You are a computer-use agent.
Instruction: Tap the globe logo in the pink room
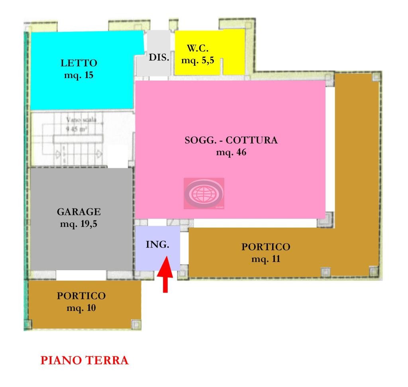(x=204, y=193)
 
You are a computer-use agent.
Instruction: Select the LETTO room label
(x=79, y=63)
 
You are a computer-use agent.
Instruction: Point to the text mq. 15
(x=79, y=75)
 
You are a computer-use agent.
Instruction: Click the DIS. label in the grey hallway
(x=159, y=57)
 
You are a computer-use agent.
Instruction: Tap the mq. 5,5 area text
(x=198, y=61)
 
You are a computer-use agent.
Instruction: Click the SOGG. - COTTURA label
(x=231, y=140)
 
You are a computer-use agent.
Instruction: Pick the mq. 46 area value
(x=231, y=152)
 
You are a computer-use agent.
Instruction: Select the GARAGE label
(x=79, y=212)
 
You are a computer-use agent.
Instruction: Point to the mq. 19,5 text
(x=79, y=224)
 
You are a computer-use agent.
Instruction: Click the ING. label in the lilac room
(x=157, y=245)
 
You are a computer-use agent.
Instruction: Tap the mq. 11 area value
(x=266, y=259)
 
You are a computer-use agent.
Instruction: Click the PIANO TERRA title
(x=84, y=361)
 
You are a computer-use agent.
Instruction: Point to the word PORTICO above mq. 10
(x=81, y=296)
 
